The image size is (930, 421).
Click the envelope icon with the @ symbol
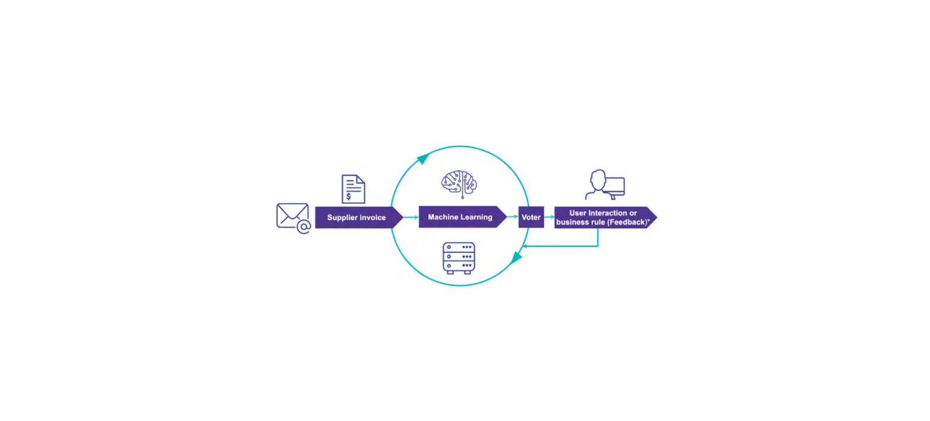coord(292,217)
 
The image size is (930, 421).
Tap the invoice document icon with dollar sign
coord(353,189)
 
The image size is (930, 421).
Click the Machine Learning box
coord(461,217)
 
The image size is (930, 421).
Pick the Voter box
coord(531,217)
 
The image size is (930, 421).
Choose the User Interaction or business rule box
coord(604,217)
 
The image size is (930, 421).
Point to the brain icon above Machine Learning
coord(459,183)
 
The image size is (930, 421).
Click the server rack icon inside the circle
coord(459,258)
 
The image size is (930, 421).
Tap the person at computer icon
coord(604,185)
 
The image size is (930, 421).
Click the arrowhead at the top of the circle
coord(423,158)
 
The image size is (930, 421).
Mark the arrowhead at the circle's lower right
coord(516,258)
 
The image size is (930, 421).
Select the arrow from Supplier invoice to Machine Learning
coord(410,217)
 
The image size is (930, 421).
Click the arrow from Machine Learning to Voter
coord(512,217)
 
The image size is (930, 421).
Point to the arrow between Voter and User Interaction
coord(549,217)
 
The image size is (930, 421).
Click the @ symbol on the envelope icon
coord(304,227)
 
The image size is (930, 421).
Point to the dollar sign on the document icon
coord(348,195)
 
